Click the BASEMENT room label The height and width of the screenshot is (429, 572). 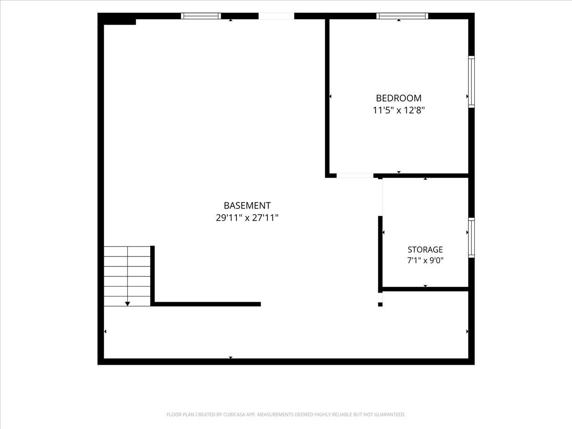[x=247, y=205]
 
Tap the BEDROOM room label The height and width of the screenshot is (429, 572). [x=398, y=98]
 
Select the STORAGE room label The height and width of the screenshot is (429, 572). [x=425, y=249]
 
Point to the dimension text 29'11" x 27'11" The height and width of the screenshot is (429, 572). [x=247, y=218]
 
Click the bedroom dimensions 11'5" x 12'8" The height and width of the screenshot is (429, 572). [x=398, y=111]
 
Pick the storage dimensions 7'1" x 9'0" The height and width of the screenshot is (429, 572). [x=425, y=260]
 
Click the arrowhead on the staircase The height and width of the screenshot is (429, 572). [x=127, y=304]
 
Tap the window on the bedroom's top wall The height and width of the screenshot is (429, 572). [x=402, y=16]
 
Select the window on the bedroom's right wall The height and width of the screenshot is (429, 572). [x=471, y=82]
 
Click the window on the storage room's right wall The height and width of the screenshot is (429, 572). [x=471, y=237]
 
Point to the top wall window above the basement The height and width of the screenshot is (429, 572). [x=201, y=16]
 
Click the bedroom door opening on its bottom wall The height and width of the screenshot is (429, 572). [x=355, y=175]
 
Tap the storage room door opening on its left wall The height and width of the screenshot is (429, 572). [x=380, y=197]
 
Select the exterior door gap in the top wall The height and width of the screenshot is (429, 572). [x=276, y=16]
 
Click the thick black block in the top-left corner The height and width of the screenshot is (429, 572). [x=117, y=19]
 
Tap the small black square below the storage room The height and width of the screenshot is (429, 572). [x=380, y=304]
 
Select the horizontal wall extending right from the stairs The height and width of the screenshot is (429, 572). [x=206, y=304]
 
